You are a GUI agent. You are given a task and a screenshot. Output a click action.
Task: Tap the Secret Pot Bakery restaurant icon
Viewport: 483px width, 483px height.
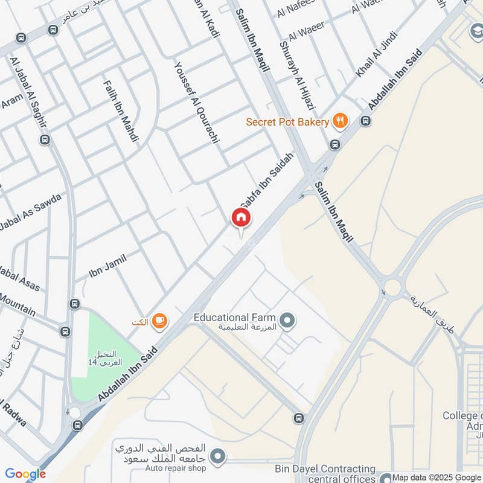[341, 121]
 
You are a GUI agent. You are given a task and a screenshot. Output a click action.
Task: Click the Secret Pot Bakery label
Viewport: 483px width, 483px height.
[287, 122]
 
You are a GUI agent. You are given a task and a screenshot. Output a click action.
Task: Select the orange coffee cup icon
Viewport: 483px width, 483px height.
[159, 321]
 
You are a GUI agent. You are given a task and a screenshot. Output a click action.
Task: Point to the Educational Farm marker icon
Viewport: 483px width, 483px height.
[287, 321]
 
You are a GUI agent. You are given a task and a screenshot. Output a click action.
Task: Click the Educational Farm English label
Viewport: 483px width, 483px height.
[234, 317]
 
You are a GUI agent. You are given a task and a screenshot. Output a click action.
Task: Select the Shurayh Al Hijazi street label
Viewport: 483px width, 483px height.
[297, 66]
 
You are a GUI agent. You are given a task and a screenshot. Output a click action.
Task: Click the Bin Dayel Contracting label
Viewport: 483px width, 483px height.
[325, 469]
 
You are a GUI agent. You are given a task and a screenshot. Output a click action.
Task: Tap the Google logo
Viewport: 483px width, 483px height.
[25, 474]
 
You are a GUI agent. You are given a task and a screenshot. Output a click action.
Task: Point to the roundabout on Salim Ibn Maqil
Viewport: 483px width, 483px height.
[392, 286]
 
